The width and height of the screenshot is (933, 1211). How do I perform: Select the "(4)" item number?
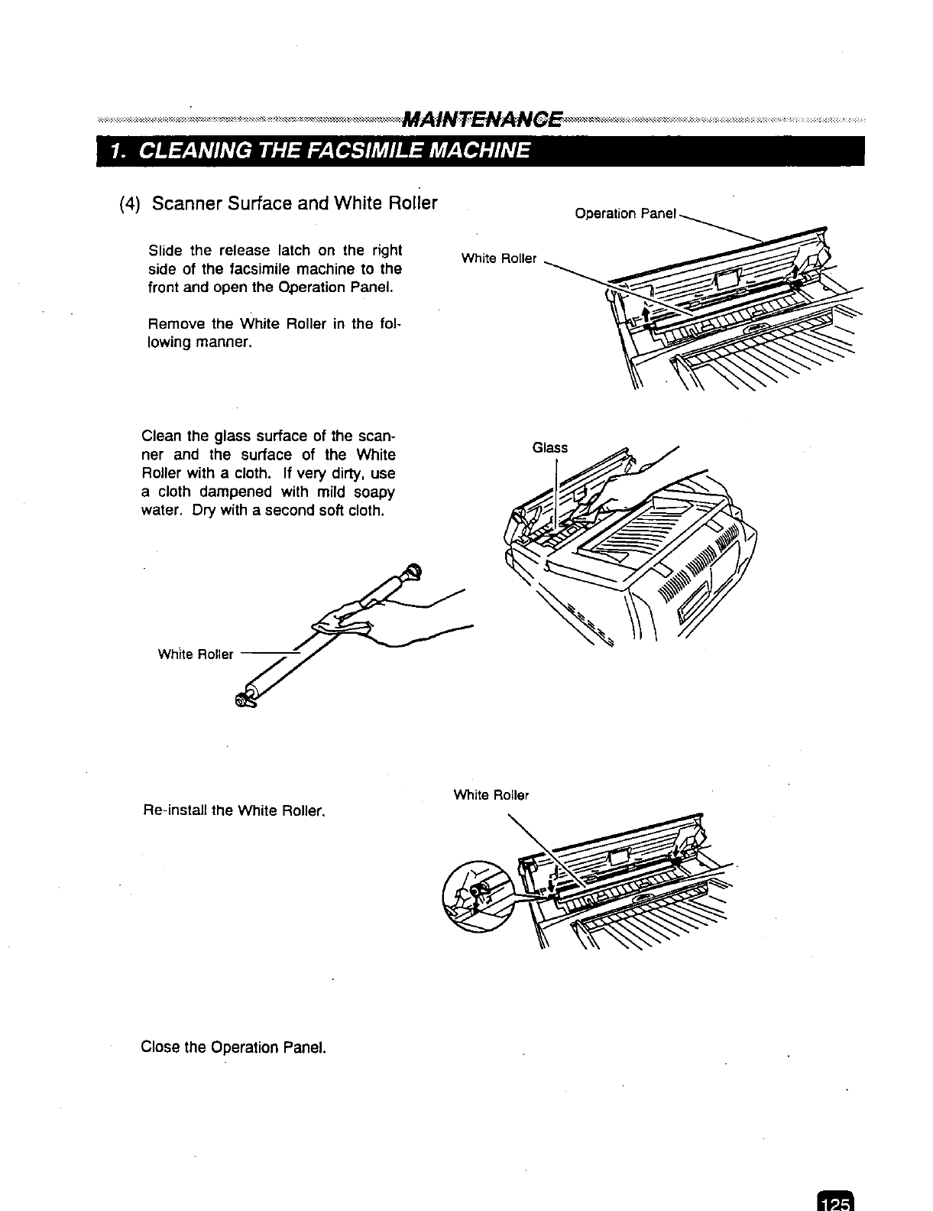[x=131, y=204]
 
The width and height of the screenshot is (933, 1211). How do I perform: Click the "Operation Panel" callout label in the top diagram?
[x=625, y=213]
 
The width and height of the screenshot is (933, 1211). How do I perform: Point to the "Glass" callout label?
[x=549, y=447]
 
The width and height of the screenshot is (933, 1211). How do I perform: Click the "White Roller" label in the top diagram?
[x=498, y=258]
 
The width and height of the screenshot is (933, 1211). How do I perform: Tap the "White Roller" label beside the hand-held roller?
[x=195, y=654]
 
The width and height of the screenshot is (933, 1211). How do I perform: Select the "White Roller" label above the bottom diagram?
[x=491, y=794]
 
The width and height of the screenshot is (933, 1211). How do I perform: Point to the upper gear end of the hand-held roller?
[x=413, y=570]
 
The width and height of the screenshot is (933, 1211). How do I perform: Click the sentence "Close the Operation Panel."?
[x=234, y=1046]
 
